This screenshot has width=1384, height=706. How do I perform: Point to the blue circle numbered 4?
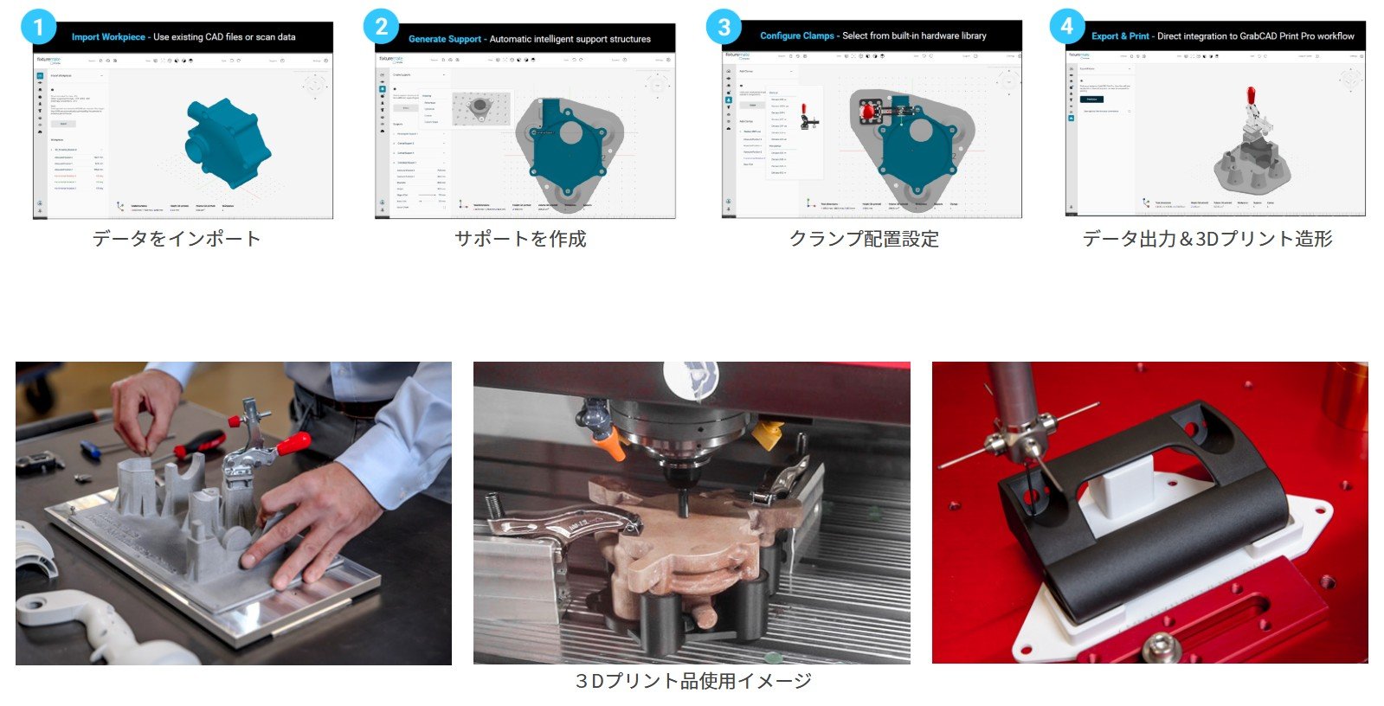(1066, 26)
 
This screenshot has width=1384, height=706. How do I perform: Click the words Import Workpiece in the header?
(108, 37)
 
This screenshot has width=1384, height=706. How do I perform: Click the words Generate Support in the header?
(444, 39)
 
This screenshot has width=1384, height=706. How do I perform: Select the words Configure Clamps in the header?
(796, 36)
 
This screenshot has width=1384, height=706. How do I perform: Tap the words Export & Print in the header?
(1120, 36)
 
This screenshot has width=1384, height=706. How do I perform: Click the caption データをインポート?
(176, 239)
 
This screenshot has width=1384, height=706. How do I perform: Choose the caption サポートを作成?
(520, 239)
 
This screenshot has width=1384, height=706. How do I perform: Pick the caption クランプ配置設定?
(864, 239)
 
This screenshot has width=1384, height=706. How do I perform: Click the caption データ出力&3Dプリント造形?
(1207, 239)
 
